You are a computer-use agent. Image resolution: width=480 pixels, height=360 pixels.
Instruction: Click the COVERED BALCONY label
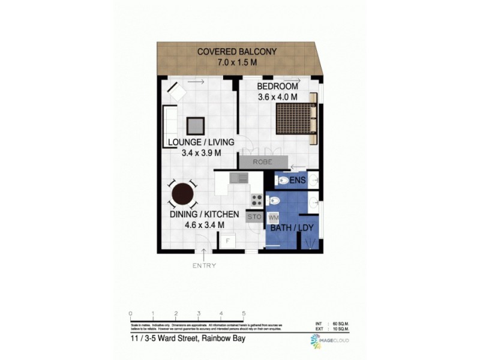click(x=238, y=52)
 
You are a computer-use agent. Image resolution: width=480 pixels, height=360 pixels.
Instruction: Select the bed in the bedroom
click(x=296, y=118)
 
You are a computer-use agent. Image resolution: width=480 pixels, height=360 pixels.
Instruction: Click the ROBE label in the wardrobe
click(x=262, y=162)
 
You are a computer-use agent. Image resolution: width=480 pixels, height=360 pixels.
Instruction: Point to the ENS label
click(x=298, y=180)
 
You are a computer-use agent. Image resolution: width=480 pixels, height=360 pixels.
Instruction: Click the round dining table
click(x=182, y=194)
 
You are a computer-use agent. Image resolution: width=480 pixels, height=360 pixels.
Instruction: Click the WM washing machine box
click(x=273, y=217)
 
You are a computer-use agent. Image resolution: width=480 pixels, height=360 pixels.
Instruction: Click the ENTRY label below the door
click(x=204, y=265)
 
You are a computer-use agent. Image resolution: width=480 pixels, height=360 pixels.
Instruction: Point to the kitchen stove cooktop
click(x=256, y=200)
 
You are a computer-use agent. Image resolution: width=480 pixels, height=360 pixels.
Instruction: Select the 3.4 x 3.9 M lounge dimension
click(x=202, y=153)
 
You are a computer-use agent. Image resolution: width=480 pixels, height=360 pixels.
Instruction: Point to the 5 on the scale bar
click(x=244, y=314)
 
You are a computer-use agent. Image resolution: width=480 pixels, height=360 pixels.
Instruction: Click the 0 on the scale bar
click(x=130, y=314)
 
